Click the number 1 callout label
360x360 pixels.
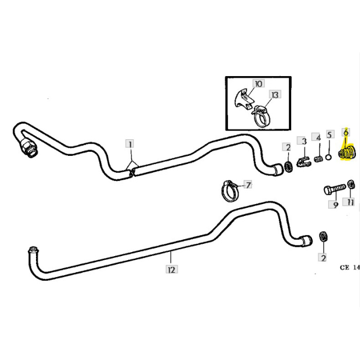[x=131, y=145]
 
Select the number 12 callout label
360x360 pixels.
[x=171, y=268]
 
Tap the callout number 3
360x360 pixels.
[x=304, y=140]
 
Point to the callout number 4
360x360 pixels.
[x=318, y=138]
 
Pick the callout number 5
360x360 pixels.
[x=330, y=138]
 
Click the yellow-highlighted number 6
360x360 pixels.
[x=346, y=133]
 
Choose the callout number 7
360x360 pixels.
[x=247, y=184]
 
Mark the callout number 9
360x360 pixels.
[x=335, y=205]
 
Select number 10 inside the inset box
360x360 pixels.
[x=258, y=83]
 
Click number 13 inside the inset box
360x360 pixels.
[x=275, y=95]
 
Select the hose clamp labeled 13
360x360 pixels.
[x=263, y=117]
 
